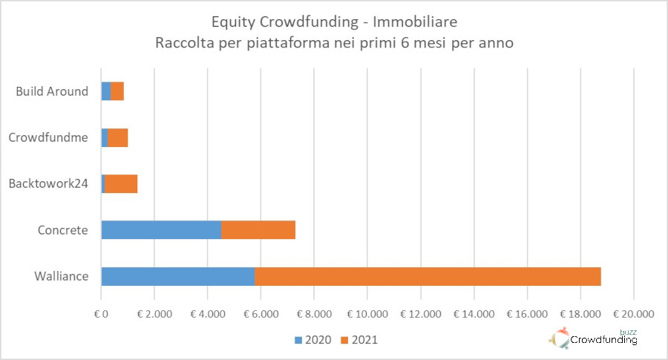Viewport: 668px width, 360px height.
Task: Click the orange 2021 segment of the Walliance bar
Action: click(428, 276)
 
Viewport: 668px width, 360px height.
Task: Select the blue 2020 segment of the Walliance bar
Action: click(178, 276)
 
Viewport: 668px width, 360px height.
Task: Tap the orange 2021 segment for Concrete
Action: click(258, 230)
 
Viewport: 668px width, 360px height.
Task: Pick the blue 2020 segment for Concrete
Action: click(161, 230)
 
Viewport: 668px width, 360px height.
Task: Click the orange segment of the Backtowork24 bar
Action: click(121, 184)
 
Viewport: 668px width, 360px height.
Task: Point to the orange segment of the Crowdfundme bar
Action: click(118, 138)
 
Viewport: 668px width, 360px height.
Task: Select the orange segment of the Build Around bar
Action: click(117, 92)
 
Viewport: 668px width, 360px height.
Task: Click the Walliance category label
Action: click(61, 277)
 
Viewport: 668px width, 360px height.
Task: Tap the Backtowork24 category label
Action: click(50, 184)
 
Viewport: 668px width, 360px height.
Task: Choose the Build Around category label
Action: click(52, 92)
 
